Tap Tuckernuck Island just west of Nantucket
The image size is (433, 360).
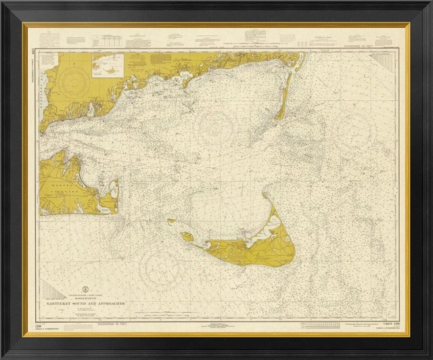(x=186, y=236)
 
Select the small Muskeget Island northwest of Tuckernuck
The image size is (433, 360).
(x=172, y=221)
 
